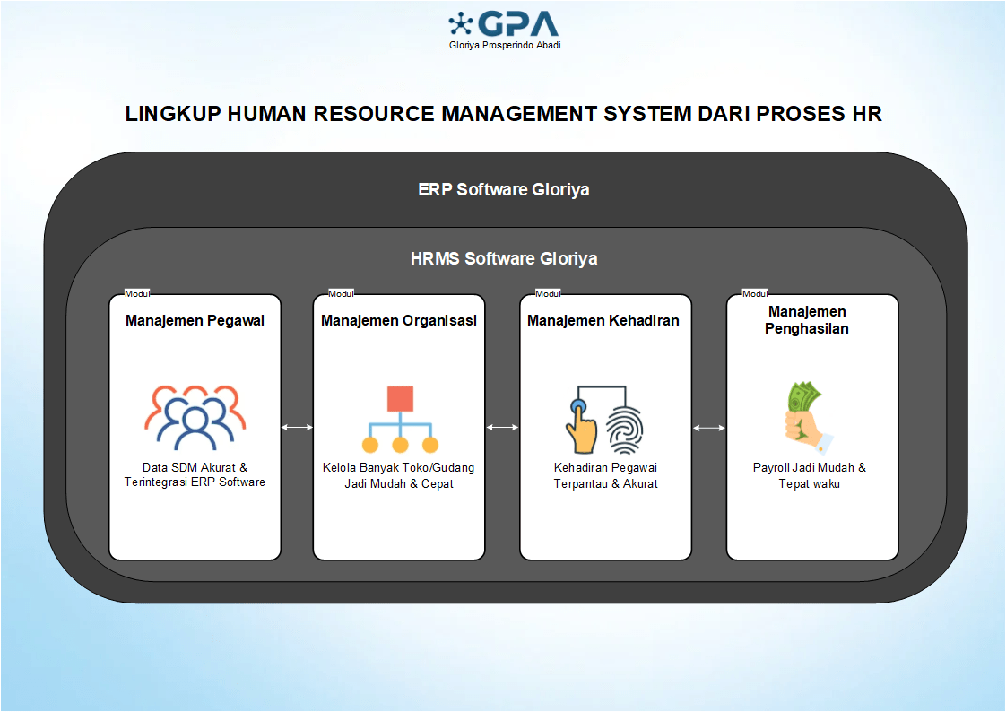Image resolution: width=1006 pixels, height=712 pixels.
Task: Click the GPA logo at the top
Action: (x=503, y=24)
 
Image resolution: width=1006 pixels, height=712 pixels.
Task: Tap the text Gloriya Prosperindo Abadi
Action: (x=505, y=46)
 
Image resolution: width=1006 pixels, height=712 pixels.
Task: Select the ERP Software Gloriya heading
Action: (x=503, y=190)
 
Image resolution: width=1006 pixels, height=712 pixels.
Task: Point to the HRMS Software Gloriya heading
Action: (x=503, y=259)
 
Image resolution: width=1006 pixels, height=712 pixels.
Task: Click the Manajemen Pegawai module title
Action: (x=195, y=320)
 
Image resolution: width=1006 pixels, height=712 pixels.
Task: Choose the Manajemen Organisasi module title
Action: (x=399, y=320)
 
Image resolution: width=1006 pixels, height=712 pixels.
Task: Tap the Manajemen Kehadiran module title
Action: (x=603, y=320)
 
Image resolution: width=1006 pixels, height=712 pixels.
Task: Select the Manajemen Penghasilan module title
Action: (x=807, y=320)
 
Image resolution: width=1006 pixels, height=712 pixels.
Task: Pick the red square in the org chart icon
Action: (x=400, y=398)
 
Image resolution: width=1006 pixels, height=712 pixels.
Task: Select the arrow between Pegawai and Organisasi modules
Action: (x=297, y=428)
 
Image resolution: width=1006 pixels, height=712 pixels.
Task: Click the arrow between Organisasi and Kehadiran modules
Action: (x=502, y=428)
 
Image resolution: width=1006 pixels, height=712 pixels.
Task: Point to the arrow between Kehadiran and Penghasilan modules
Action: (x=709, y=428)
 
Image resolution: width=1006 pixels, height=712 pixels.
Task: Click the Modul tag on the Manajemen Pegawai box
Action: (x=136, y=294)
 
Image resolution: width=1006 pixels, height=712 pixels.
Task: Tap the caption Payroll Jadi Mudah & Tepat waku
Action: (x=810, y=475)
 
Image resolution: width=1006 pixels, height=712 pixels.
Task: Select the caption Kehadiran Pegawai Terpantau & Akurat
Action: (x=606, y=475)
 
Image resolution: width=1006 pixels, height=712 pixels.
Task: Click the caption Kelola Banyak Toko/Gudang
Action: (x=399, y=467)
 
